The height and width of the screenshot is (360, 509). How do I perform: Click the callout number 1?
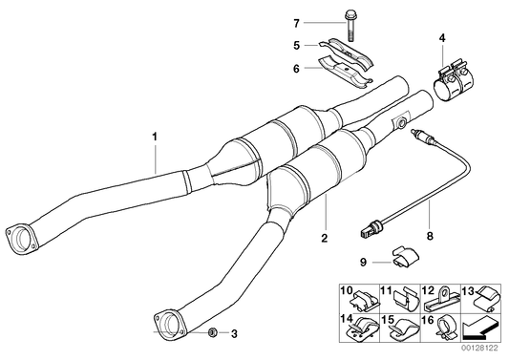point(153,138)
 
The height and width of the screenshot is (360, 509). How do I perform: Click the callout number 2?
point(324,235)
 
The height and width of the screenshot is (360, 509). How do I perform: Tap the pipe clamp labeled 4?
point(453,83)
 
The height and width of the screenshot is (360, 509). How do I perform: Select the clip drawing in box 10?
point(357,299)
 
